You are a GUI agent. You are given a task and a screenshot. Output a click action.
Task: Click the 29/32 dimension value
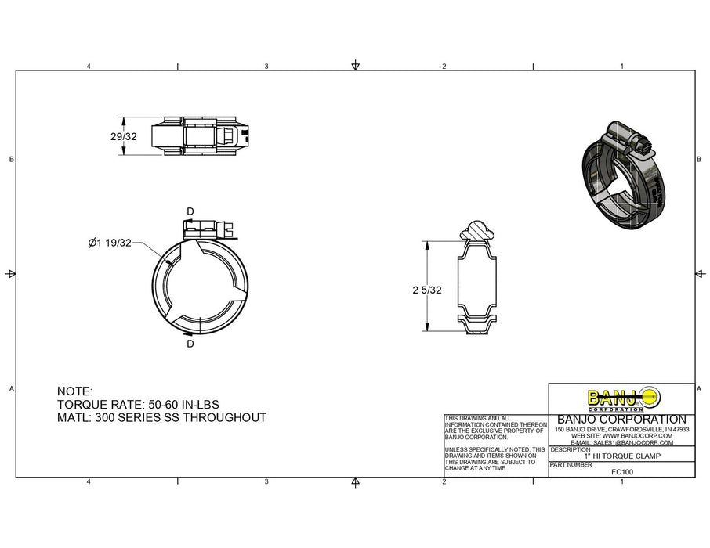point(124,136)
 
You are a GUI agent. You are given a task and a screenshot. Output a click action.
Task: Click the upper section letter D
point(190,211)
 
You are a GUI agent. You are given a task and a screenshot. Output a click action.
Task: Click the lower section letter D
point(190,343)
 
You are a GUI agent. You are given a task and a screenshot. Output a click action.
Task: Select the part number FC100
point(621,471)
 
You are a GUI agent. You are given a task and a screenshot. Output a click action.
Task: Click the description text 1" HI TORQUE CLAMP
point(621,456)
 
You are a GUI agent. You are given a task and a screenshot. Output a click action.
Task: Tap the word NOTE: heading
point(75,391)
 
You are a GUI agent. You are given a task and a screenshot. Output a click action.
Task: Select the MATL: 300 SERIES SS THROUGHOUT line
point(162,417)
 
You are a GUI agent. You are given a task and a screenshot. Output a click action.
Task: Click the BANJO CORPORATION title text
point(621,420)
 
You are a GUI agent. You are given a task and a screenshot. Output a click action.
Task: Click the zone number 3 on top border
point(266,67)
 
